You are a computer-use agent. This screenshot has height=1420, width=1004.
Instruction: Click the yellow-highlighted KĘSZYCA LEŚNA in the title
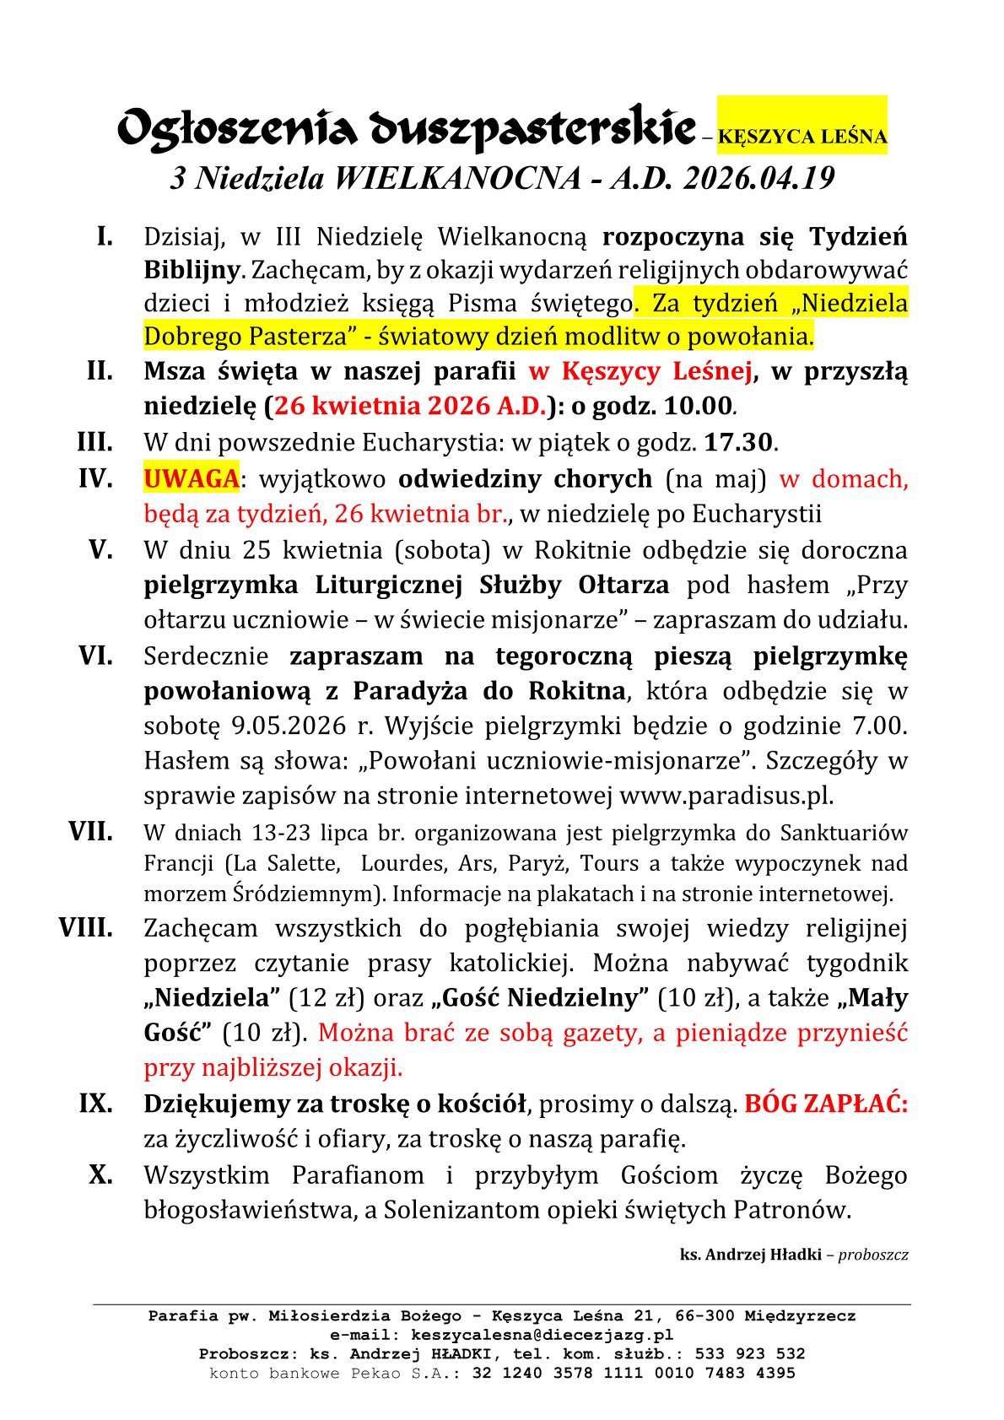(x=802, y=137)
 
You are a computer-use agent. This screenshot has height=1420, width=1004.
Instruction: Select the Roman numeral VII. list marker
(x=90, y=832)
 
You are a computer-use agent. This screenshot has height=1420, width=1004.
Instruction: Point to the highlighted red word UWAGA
(x=191, y=478)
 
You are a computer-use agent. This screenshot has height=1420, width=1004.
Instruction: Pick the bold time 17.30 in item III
(x=738, y=442)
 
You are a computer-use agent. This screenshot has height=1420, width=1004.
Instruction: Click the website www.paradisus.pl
(x=725, y=796)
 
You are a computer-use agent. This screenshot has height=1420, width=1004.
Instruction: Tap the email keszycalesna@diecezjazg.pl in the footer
(x=542, y=1335)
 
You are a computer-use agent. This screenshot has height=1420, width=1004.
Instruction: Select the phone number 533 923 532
(x=750, y=1353)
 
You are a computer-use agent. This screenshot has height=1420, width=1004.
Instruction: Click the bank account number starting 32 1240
(x=634, y=1373)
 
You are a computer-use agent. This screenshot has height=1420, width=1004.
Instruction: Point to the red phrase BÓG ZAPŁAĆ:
(x=825, y=1104)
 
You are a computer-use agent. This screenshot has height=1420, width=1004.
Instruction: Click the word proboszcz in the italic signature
(x=873, y=1255)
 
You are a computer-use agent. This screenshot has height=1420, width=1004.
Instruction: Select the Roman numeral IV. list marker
(x=95, y=478)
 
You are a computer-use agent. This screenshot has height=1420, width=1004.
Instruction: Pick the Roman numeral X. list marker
(x=100, y=1174)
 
